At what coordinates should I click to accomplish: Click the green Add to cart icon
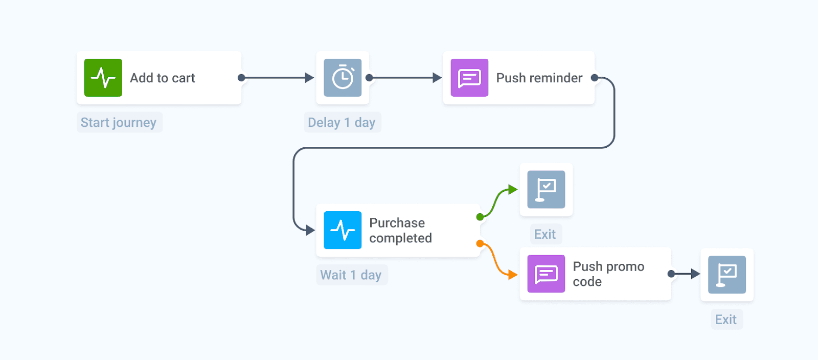pyautogui.click(x=103, y=78)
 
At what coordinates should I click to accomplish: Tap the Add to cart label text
pyautogui.click(x=162, y=78)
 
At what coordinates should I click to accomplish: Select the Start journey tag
pyautogui.click(x=119, y=123)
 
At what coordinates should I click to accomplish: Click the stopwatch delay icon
pyautogui.click(x=343, y=78)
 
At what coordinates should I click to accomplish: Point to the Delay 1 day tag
pyautogui.click(x=342, y=123)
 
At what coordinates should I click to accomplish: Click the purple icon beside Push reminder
pyautogui.click(x=469, y=78)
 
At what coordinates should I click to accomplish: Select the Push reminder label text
pyautogui.click(x=539, y=78)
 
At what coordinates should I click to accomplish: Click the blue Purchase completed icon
pyautogui.click(x=343, y=230)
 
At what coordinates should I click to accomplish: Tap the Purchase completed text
pyautogui.click(x=400, y=231)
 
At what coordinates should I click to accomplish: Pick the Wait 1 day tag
pyautogui.click(x=351, y=275)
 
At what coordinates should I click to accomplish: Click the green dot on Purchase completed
pyautogui.click(x=480, y=217)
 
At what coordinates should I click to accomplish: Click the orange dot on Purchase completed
pyautogui.click(x=480, y=243)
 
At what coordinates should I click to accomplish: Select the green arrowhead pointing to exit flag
pyautogui.click(x=513, y=190)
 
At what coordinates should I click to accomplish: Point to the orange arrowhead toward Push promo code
pyautogui.click(x=513, y=275)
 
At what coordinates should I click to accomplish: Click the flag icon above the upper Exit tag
pyautogui.click(x=546, y=189)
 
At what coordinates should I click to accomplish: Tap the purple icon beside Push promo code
pyautogui.click(x=546, y=274)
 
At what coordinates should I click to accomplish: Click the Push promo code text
pyautogui.click(x=608, y=274)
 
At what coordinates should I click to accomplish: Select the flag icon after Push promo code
pyautogui.click(x=726, y=275)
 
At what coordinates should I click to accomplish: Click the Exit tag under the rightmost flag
pyautogui.click(x=726, y=320)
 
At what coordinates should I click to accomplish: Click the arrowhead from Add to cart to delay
pyautogui.click(x=309, y=78)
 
